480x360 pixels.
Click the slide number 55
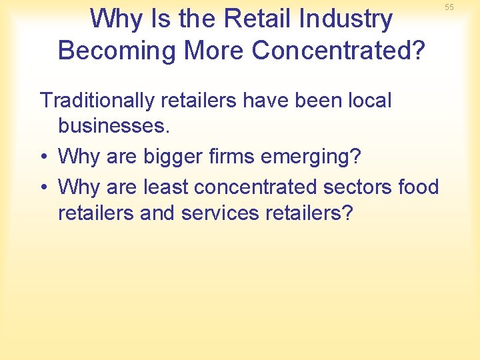(x=467, y=7)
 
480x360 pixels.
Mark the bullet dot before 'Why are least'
(x=45, y=187)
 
